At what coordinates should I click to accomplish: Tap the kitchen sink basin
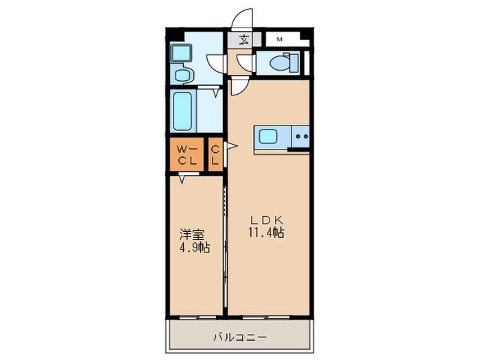coord(267,137)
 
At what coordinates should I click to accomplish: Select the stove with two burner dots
coord(300,137)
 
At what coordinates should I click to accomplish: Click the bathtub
coord(182,110)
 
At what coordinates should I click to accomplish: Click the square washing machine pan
coord(182,52)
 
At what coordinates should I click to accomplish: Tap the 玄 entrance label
coord(243,39)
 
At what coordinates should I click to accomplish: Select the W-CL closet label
coord(187,155)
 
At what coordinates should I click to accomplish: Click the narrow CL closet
coord(215,155)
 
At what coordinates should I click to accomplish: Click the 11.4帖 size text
coord(267,233)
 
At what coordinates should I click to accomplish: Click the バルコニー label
coord(239,337)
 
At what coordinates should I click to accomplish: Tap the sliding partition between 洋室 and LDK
coord(225,247)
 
